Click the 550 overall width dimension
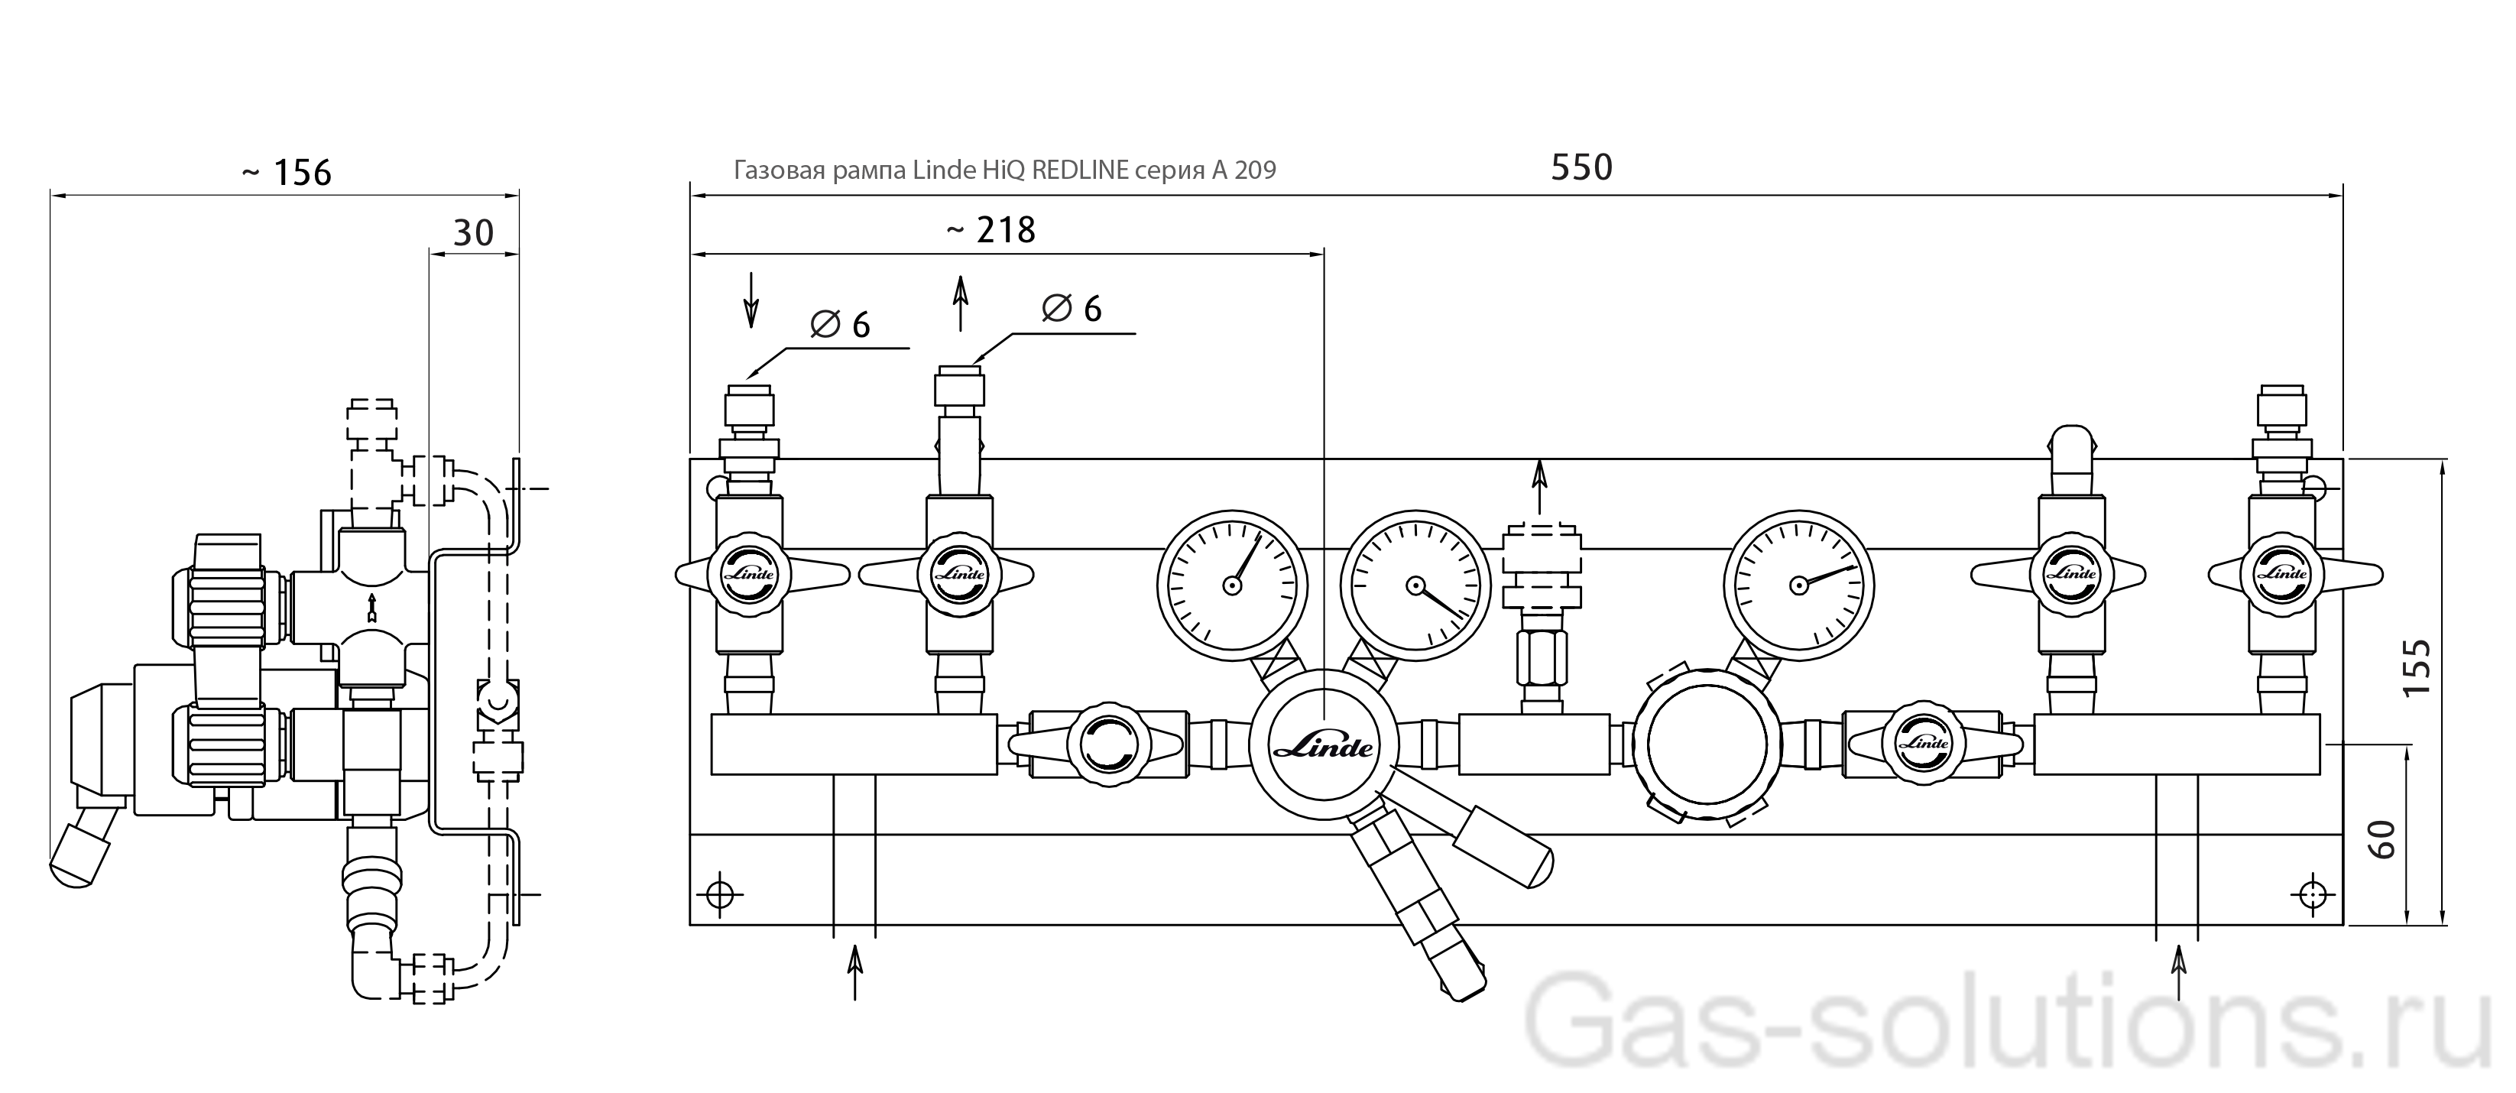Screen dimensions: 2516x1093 [x=1581, y=168]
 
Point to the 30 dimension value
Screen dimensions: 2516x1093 [x=474, y=233]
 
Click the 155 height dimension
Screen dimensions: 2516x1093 [x=2415, y=667]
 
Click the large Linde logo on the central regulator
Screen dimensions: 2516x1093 [x=1324, y=748]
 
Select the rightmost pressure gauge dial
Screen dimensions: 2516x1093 [x=1799, y=585]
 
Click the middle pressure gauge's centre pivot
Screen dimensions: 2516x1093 [x=1415, y=585]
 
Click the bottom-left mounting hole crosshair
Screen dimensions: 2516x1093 [x=721, y=894]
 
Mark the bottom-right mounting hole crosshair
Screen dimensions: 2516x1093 [x=2312, y=894]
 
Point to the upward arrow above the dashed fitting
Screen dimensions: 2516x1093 [x=1540, y=486]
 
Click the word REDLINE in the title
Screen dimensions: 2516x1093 [x=1080, y=170]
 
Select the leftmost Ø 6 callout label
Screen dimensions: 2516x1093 [x=840, y=324]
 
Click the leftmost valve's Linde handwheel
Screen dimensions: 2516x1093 [x=749, y=574]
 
